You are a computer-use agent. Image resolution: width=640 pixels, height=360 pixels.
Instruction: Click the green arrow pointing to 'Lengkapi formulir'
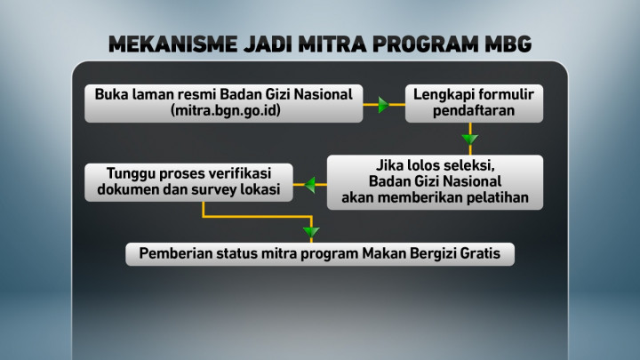(x=383, y=105)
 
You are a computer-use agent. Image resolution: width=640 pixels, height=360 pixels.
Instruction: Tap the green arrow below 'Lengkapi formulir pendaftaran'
(x=469, y=139)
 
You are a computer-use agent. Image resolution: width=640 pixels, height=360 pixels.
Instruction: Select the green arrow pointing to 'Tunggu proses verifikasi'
(x=311, y=185)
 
